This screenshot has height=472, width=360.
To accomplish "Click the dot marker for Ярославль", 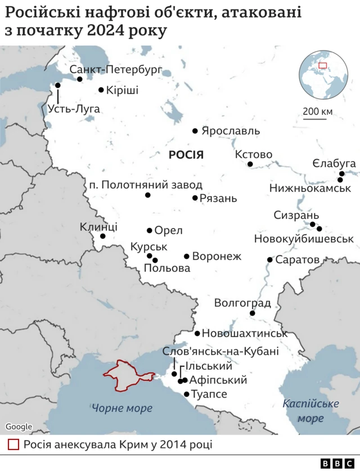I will coord(195,131).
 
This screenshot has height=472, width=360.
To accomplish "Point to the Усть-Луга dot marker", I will coord(57,86).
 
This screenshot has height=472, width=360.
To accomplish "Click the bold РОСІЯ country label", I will coord(186,155).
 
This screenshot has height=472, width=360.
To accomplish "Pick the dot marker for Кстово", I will coord(250,164).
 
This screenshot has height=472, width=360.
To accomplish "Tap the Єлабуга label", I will coord(334,163).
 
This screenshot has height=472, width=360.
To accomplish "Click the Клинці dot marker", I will coord(103,236).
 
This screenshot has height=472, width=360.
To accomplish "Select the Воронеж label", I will coord(217,257).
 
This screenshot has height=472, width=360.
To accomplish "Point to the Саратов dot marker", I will coord(270,260).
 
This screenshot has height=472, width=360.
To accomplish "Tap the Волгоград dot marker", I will coord(253,313).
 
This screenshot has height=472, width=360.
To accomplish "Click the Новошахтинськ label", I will coord(245,333).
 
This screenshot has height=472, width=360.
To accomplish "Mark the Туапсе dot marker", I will coord(187,394).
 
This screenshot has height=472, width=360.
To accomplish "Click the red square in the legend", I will coord(13,444).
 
